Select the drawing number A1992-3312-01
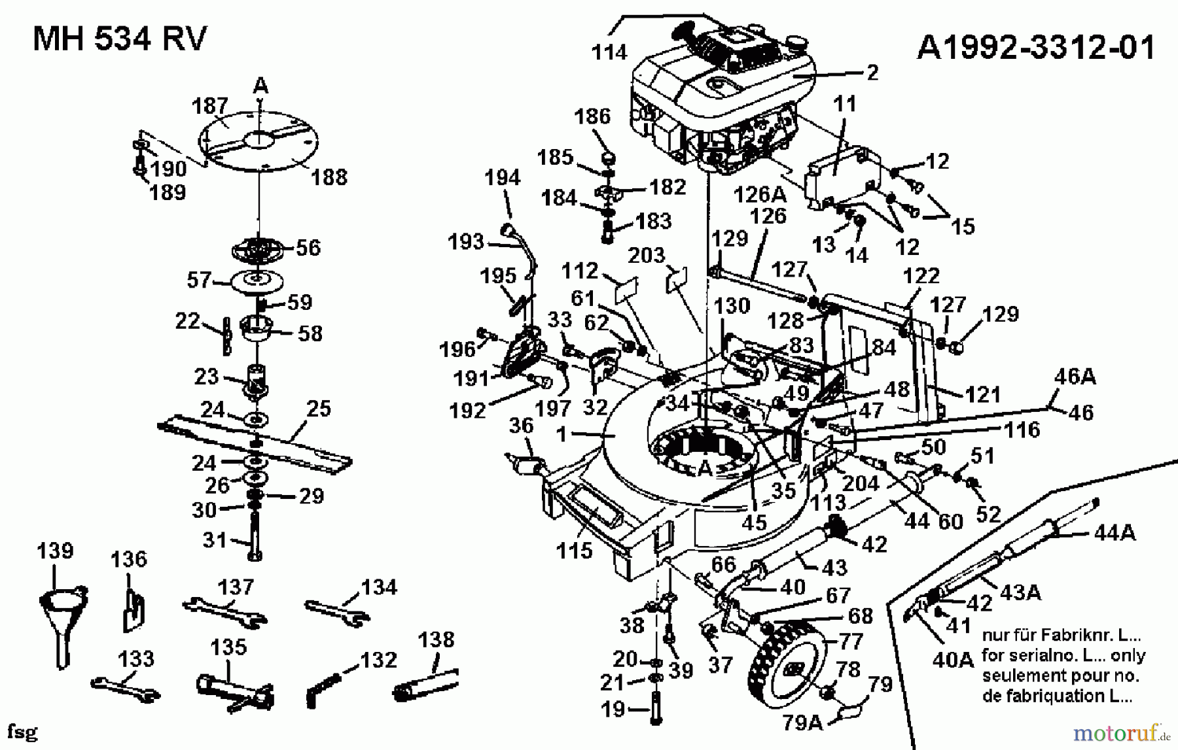(1036, 47)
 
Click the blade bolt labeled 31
(255, 536)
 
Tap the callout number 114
(609, 52)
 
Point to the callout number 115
(574, 551)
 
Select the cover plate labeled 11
(841, 177)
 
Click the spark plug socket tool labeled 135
(232, 690)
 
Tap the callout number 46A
(1075, 376)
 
